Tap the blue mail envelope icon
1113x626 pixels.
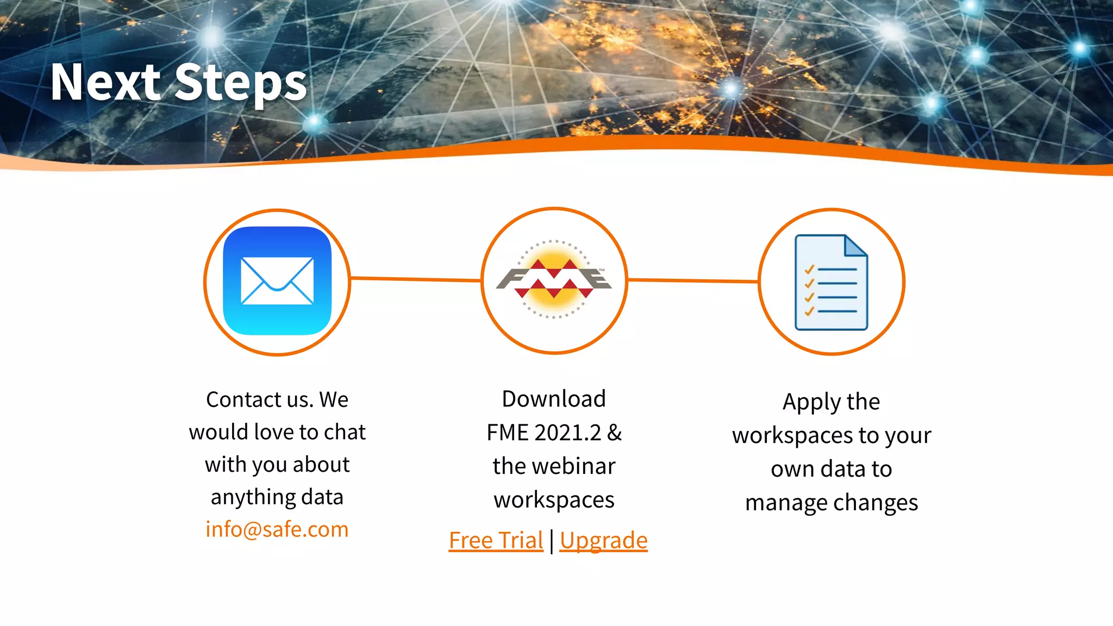pos(277,281)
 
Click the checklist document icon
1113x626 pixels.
pos(831,282)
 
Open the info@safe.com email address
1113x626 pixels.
pos(277,529)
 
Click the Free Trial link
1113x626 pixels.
pos(496,540)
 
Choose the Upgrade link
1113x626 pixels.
pos(603,540)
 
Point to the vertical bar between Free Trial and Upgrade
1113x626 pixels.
pos(552,541)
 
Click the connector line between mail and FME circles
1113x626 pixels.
pos(415,279)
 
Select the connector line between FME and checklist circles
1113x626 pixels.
pos(693,281)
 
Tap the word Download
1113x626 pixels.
pos(553,399)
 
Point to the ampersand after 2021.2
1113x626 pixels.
pos(615,433)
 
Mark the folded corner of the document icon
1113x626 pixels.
pos(855,245)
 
